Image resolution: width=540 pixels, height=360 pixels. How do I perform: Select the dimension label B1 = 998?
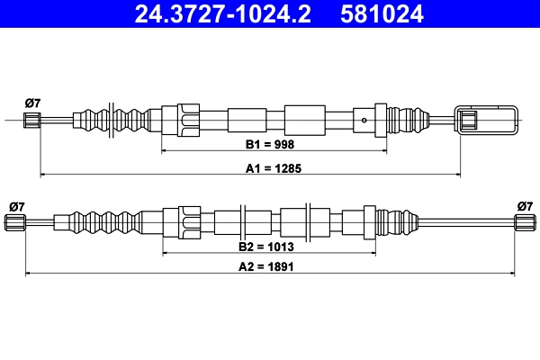(270, 144)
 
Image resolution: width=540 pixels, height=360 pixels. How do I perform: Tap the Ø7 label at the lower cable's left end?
(16, 206)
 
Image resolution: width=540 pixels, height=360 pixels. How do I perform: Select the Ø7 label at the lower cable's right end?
(525, 206)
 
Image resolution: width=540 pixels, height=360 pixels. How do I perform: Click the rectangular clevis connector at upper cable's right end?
(487, 120)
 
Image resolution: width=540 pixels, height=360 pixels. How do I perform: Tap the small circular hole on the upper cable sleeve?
(362, 120)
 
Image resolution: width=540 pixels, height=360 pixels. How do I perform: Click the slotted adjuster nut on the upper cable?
(189, 120)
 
